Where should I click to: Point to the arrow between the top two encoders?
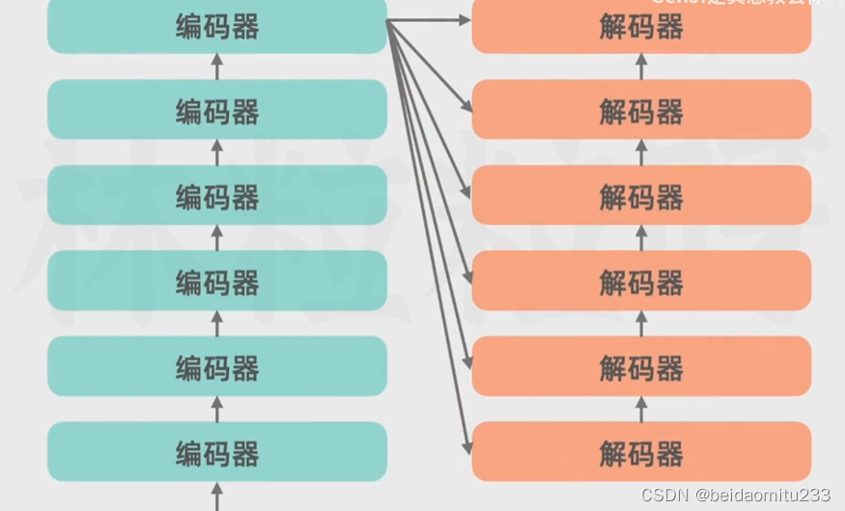coord(216,67)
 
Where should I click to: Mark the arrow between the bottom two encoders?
coord(216,408)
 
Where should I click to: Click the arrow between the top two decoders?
coord(641,67)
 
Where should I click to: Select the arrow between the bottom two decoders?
coord(641,408)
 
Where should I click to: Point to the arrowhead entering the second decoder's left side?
coord(467,104)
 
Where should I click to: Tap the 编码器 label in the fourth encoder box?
coord(217,282)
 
